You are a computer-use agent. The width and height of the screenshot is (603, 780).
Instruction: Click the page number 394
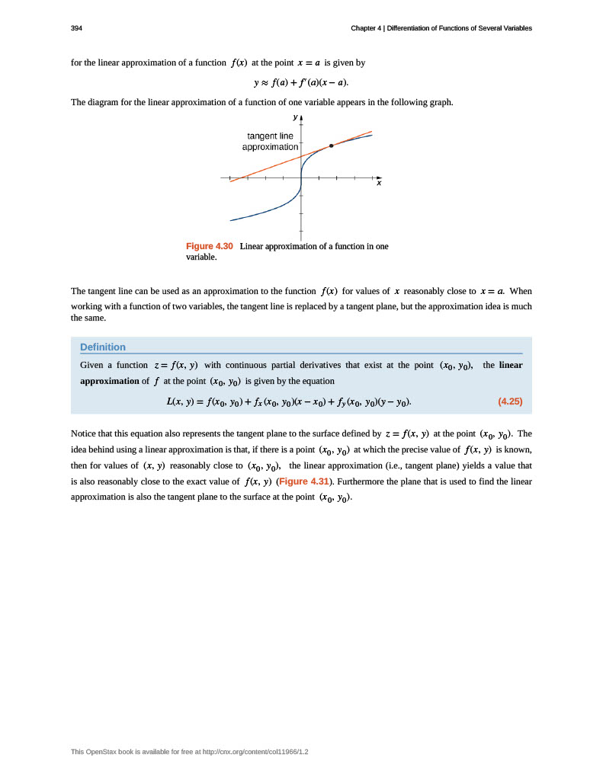(x=76, y=28)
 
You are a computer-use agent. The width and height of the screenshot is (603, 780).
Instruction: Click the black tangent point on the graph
(x=331, y=145)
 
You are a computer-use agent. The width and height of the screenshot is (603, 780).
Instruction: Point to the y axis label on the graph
(x=295, y=117)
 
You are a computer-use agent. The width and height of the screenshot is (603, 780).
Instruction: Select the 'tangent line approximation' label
(x=270, y=141)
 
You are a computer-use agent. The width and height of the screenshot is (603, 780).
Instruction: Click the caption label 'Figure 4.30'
(x=209, y=246)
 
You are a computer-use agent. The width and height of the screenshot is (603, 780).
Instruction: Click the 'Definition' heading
(x=103, y=347)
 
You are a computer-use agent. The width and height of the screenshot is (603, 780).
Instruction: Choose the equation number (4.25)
(x=509, y=401)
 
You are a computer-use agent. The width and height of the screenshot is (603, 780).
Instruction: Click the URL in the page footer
(x=251, y=752)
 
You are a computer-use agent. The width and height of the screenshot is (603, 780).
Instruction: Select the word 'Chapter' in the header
(x=365, y=28)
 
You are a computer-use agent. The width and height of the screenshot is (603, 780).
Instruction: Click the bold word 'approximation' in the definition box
(x=109, y=381)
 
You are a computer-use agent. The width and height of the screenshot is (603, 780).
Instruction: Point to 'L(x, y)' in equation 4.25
(x=181, y=401)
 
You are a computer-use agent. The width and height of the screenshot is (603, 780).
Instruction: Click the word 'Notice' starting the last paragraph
(x=84, y=433)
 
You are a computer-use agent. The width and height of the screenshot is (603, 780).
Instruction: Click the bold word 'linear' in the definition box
(x=511, y=365)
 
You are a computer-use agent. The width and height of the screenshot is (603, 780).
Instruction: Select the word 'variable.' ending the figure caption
(x=202, y=257)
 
